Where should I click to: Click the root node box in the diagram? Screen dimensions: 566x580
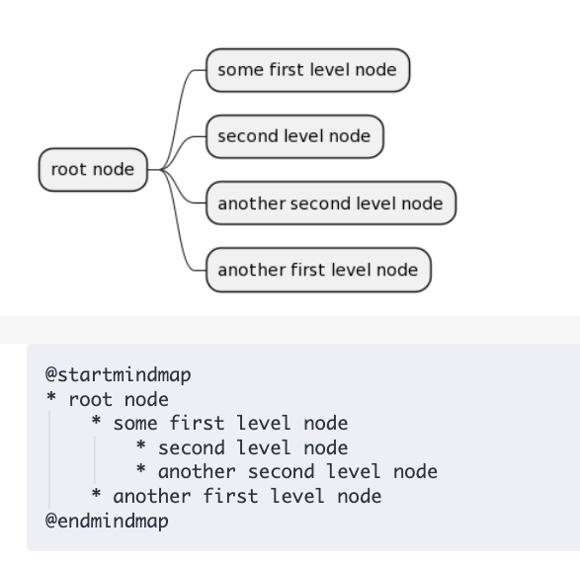point(92,169)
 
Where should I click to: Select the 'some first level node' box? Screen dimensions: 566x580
point(306,69)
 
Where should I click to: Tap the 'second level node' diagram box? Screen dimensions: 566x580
point(293,136)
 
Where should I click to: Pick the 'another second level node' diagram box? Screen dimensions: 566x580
point(330,202)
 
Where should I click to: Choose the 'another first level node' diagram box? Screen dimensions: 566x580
point(317,269)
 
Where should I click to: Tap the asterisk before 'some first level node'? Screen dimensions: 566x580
point(96,425)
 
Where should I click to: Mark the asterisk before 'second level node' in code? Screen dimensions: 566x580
point(141,448)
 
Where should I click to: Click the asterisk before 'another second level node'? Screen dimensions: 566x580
point(141,472)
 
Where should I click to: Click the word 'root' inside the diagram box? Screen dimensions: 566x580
point(69,169)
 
